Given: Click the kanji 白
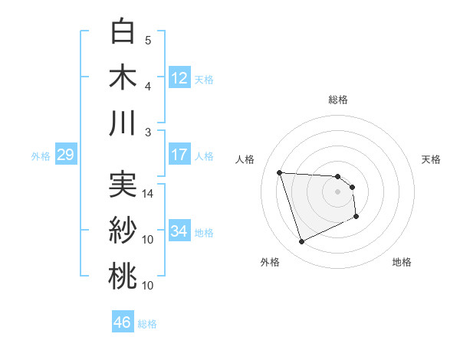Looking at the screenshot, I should [x=123, y=31].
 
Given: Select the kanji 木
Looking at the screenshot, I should [x=123, y=77].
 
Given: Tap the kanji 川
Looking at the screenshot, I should [x=123, y=123].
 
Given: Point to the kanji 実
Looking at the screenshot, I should [x=123, y=185].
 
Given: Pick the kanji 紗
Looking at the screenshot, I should [x=123, y=231].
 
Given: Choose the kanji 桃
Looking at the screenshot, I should [x=123, y=277].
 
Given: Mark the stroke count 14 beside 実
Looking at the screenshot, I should [x=148, y=194].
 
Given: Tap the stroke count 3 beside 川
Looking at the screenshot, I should [x=148, y=133].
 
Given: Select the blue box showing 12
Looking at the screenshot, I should [x=179, y=78].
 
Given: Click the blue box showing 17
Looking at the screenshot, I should [x=179, y=155].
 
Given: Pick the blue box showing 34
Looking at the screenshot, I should [x=179, y=231].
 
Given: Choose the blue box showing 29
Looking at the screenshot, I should [x=65, y=155].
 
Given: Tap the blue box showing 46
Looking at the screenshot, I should [x=123, y=322].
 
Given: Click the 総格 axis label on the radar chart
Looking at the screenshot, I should [x=338, y=100].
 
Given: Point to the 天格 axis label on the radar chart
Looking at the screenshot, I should [x=431, y=159].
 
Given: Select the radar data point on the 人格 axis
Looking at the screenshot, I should [x=280, y=172].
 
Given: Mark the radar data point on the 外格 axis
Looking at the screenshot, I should [x=301, y=242].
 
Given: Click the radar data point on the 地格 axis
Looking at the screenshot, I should [x=356, y=217].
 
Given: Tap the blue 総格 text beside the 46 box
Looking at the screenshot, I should [x=148, y=324].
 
